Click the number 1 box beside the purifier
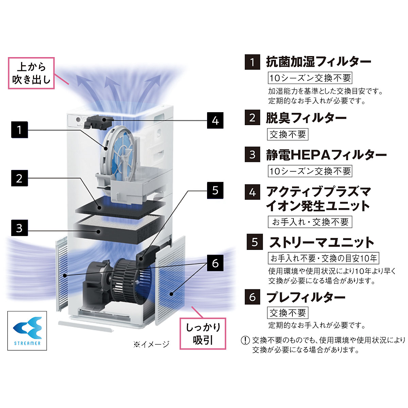(x=19, y=130)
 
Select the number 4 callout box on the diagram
(x=215, y=120)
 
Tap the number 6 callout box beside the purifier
(x=215, y=263)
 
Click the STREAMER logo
(x=27, y=330)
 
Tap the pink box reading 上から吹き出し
(x=31, y=73)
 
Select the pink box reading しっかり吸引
(x=203, y=333)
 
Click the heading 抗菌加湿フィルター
(x=318, y=62)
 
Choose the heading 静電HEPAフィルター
(x=326, y=155)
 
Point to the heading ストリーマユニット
(x=321, y=242)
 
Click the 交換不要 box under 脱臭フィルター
(x=288, y=134)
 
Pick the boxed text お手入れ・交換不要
(x=310, y=222)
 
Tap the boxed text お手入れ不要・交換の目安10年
(x=323, y=258)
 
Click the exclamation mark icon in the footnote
(x=245, y=340)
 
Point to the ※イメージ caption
(x=151, y=344)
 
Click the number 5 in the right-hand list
(x=255, y=242)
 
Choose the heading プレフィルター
(x=306, y=297)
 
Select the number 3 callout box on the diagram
(x=19, y=228)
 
